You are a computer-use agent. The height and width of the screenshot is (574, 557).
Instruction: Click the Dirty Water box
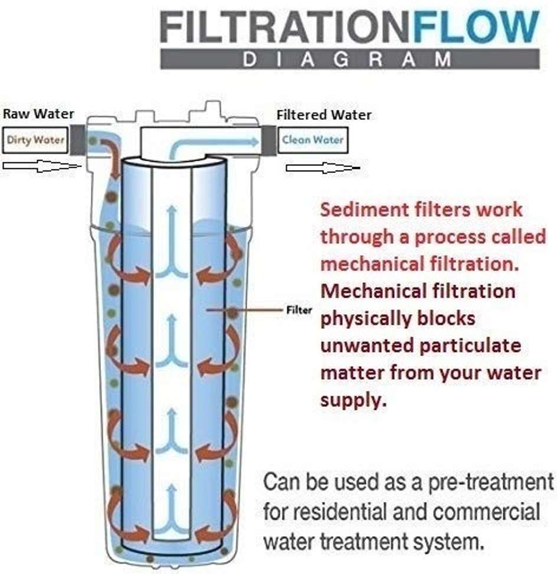coord(35,141)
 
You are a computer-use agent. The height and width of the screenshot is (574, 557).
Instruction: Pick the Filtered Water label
coord(324,115)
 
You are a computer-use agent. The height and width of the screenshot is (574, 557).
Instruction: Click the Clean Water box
coord(312,141)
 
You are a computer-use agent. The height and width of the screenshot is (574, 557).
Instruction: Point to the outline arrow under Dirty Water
coord(41,167)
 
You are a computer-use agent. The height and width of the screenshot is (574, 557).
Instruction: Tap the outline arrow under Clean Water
coord(322,168)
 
